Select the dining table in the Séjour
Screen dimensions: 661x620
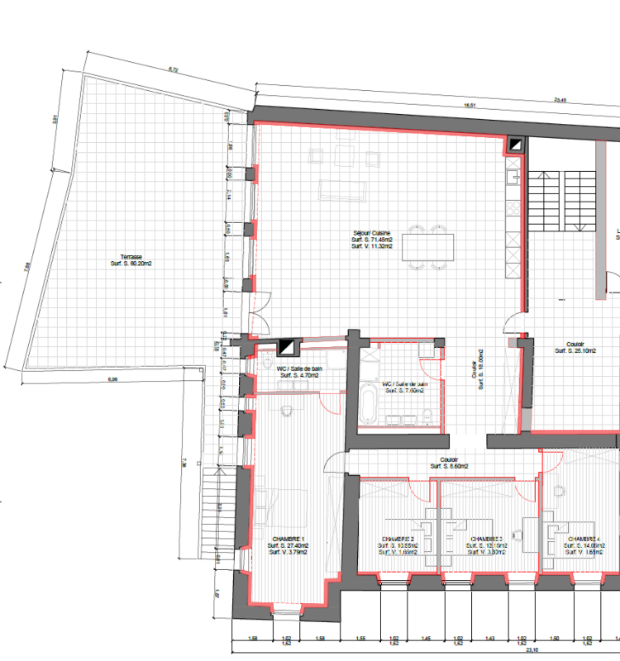427,247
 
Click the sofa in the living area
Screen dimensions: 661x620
343,189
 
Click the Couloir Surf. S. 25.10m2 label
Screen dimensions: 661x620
575,347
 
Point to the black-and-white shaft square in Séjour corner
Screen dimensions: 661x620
516,145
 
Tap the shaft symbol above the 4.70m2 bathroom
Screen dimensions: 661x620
288,347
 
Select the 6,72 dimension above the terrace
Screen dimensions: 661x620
173,69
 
